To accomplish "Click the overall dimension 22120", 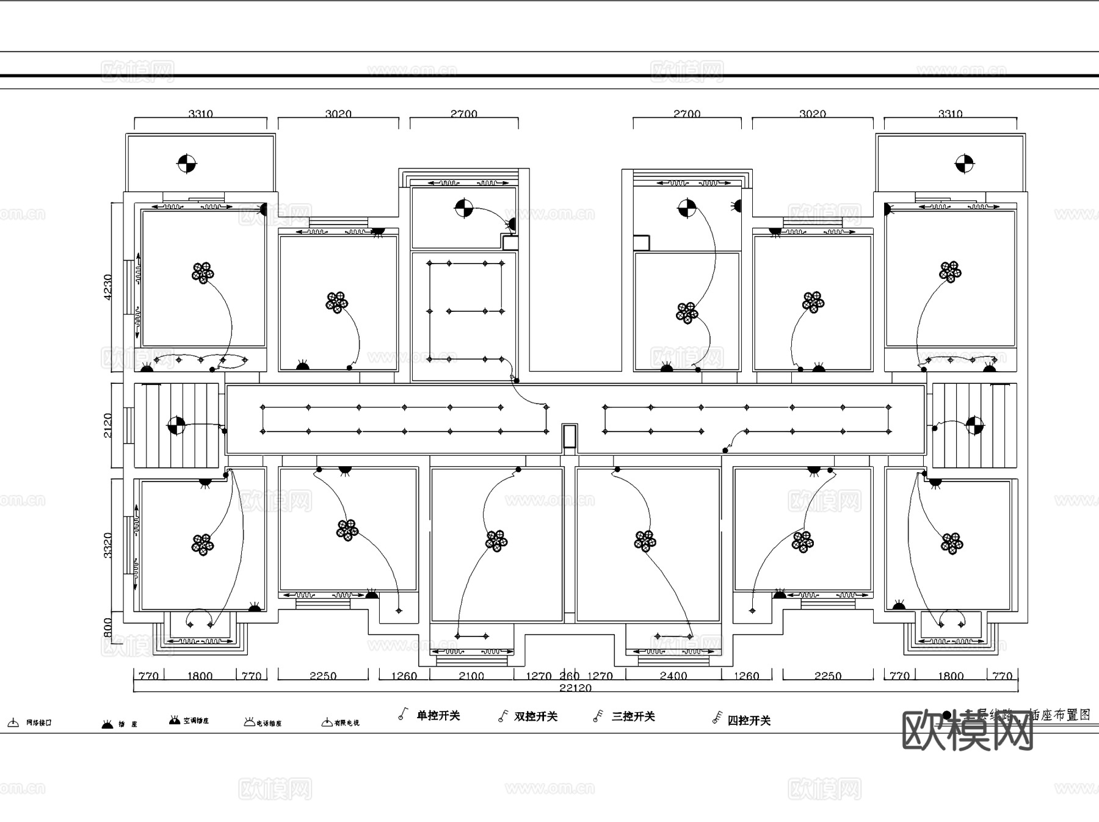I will click(x=575, y=688).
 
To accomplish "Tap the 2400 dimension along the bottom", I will click(x=673, y=676).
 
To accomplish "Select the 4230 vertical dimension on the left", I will click(x=108, y=286).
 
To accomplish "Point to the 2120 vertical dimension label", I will click(x=108, y=425).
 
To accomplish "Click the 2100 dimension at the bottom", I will click(x=471, y=676).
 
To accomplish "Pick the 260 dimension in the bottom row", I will click(x=569, y=676).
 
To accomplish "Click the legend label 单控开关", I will click(x=438, y=715).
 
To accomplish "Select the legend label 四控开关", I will click(x=749, y=720).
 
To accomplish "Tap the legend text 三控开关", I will click(x=633, y=716).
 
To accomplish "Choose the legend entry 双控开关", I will click(x=535, y=716).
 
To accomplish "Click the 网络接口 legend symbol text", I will click(x=38, y=723).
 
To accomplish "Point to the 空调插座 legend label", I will click(x=196, y=721).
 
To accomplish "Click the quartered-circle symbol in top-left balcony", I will click(x=187, y=164).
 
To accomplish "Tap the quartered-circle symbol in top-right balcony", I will click(x=964, y=164).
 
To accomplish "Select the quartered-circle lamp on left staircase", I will click(x=176, y=425).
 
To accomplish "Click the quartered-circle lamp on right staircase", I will click(x=974, y=425).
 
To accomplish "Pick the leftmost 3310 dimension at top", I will click(x=200, y=114).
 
